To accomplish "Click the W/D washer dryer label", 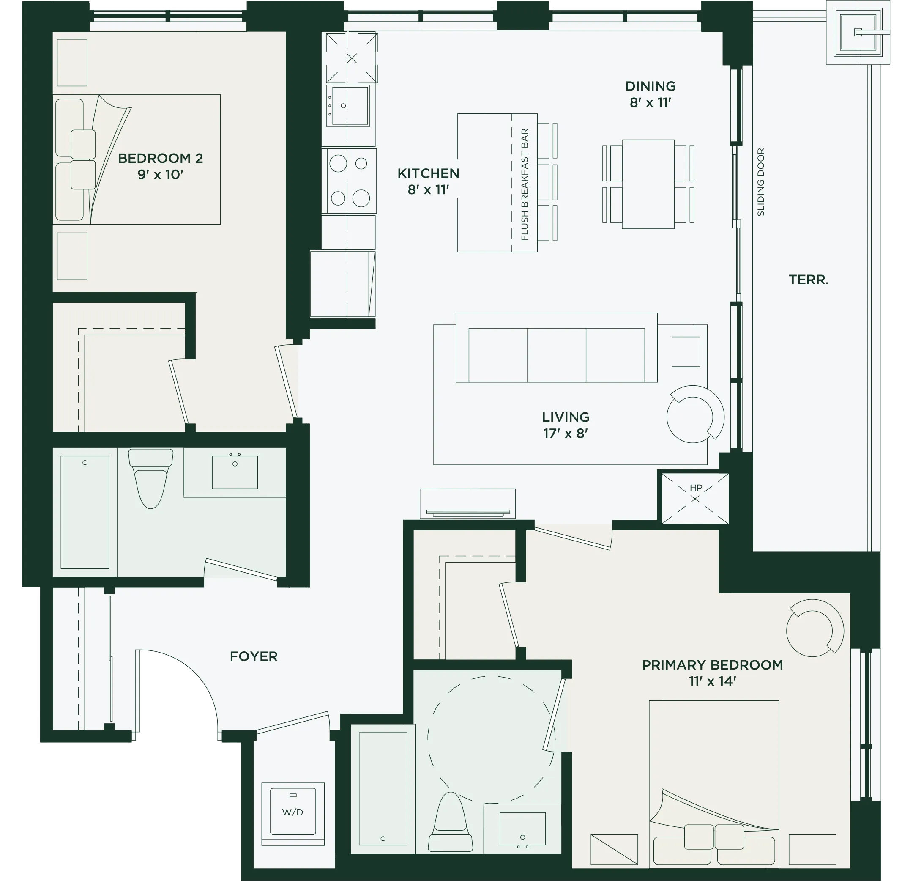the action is (292, 812).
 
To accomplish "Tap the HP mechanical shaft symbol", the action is (695, 498).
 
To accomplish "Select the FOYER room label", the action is (254, 656).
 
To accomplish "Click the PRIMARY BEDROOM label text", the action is (712, 665).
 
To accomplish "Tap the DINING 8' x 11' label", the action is (650, 94).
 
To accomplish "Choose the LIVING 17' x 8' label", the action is (566, 425).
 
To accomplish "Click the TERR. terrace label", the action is (809, 280).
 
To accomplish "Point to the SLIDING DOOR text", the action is (761, 182).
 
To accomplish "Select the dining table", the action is (648, 184).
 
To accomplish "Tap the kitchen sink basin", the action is (350, 105).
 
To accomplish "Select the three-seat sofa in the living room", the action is (557, 348).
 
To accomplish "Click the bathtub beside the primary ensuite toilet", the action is (383, 789).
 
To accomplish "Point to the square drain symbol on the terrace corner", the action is (858, 32).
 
